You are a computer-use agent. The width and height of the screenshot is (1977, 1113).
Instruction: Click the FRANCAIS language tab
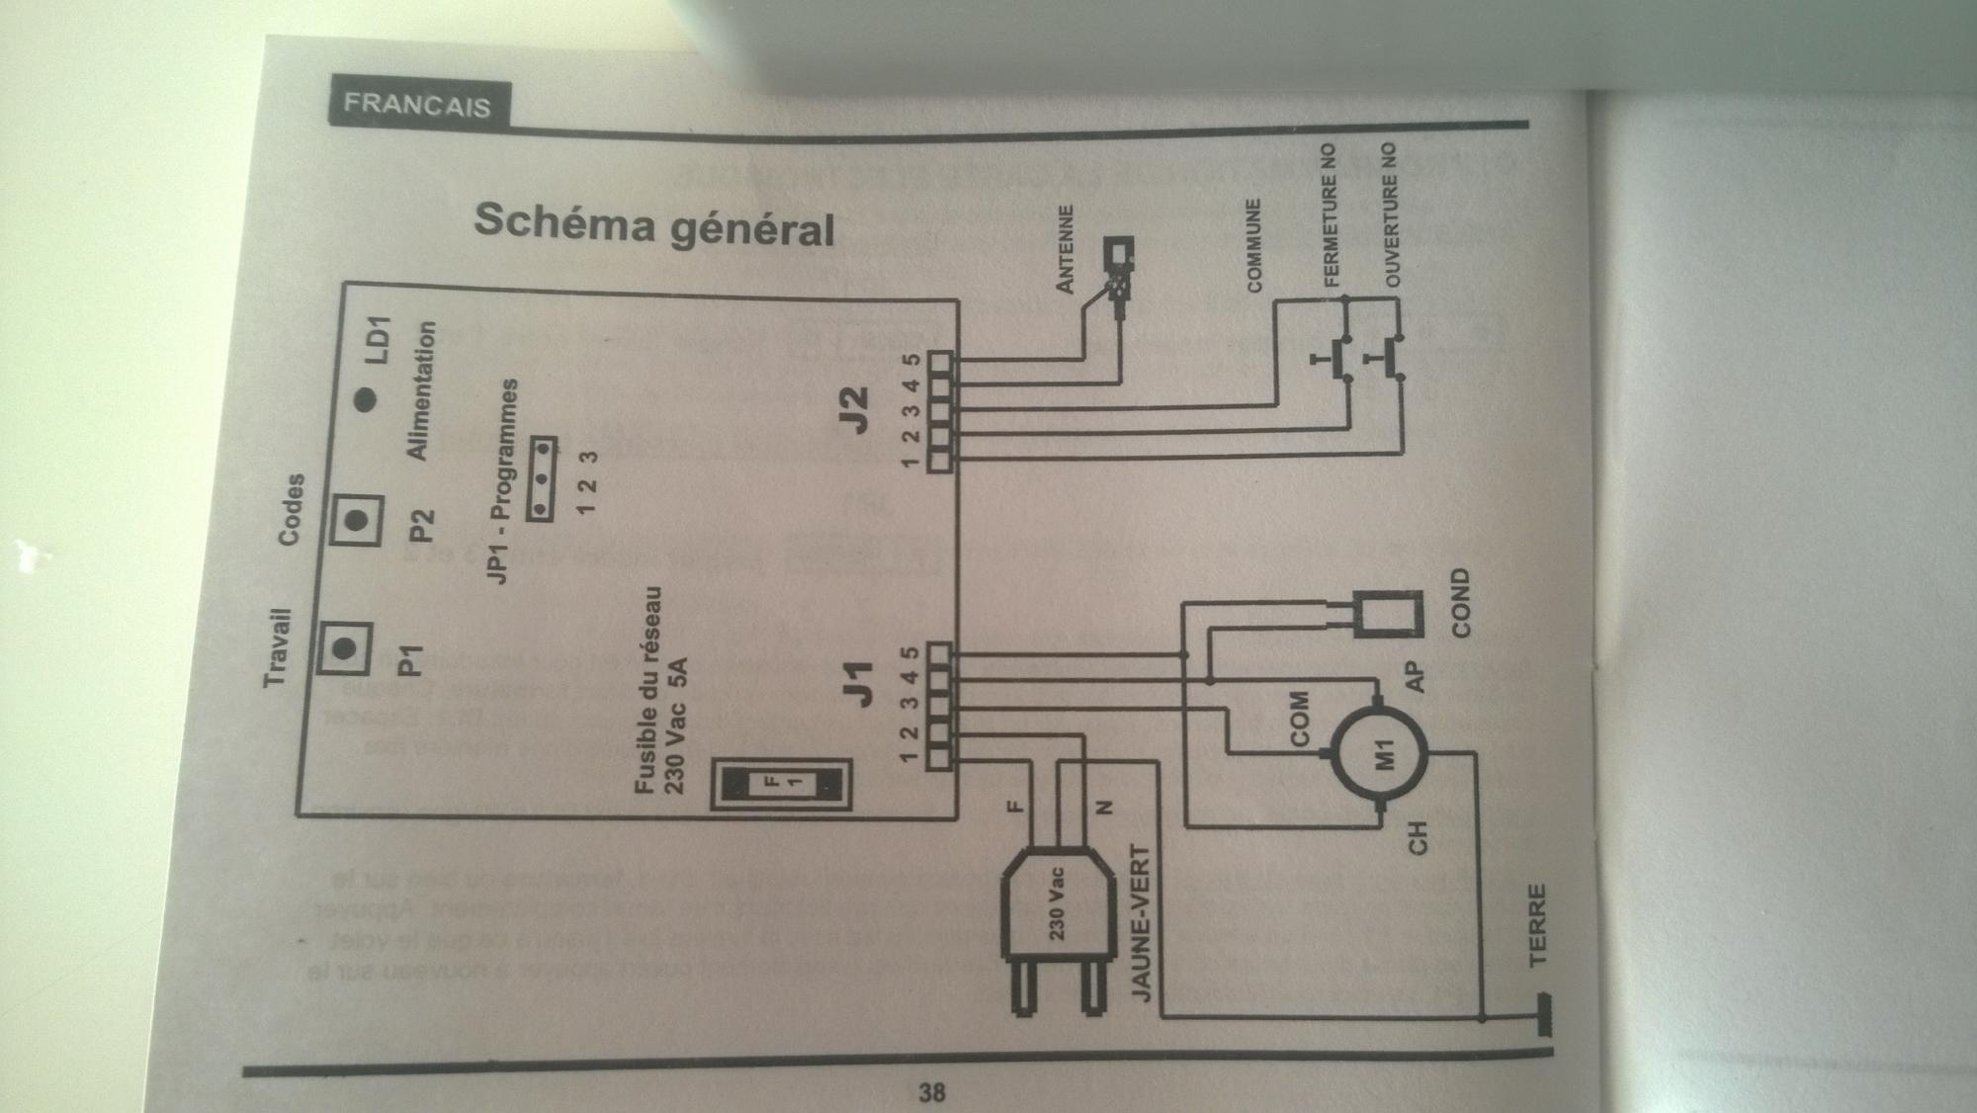pyautogui.click(x=416, y=103)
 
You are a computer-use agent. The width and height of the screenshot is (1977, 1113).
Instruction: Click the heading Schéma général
pyautogui.click(x=654, y=226)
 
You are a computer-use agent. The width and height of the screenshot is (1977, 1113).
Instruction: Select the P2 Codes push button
pyautogui.click(x=356, y=519)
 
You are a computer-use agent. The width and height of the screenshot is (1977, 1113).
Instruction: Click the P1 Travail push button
pyautogui.click(x=343, y=648)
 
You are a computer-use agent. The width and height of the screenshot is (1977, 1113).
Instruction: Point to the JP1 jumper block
pyautogui.click(x=541, y=477)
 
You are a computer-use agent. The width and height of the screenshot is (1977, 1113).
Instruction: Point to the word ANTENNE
pyautogui.click(x=1065, y=248)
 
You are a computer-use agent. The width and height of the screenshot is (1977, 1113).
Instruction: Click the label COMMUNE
pyautogui.click(x=1254, y=245)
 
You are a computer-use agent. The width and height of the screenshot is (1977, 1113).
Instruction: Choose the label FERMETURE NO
pyautogui.click(x=1330, y=214)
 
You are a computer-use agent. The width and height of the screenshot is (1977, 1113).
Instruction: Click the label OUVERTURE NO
pyautogui.click(x=1392, y=214)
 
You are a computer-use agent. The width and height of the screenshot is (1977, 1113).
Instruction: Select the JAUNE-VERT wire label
pyautogui.click(x=1141, y=923)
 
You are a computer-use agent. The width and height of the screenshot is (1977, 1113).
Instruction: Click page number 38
pyautogui.click(x=931, y=1091)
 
